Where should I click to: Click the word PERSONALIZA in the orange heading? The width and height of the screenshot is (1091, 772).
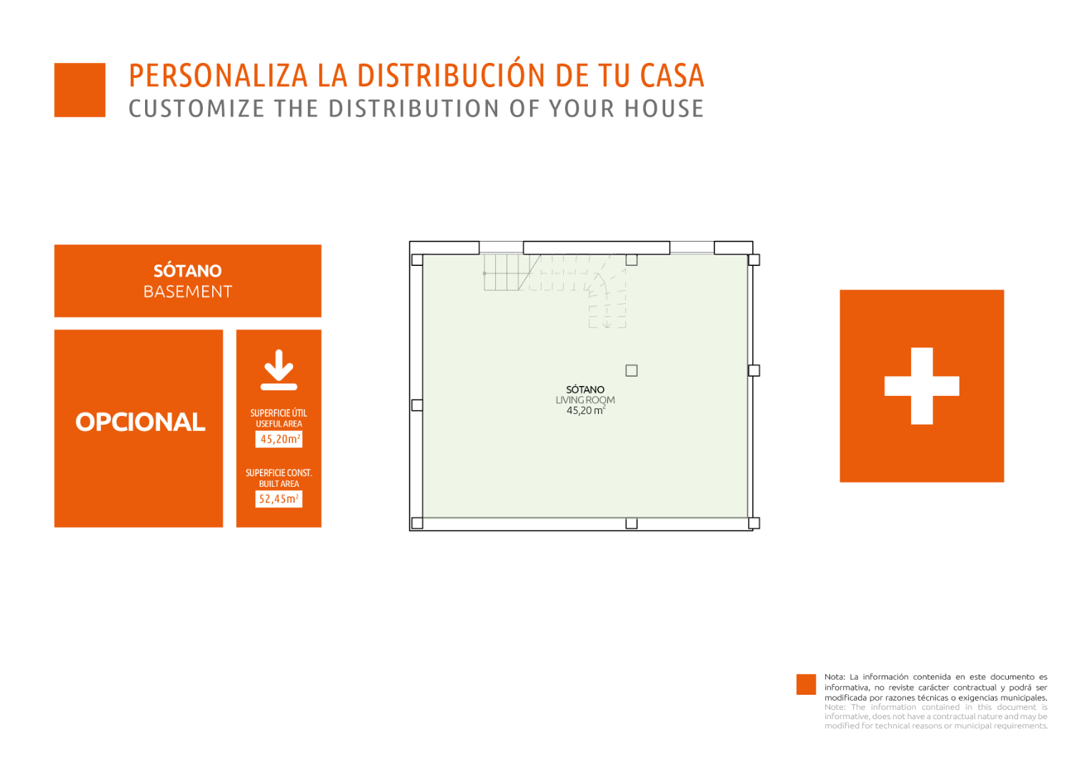pos(218,76)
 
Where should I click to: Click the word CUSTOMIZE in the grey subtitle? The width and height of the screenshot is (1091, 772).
pos(196,109)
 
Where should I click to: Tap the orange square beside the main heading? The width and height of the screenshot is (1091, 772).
pos(80,90)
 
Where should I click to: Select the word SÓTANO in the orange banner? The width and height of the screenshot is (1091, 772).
pos(187,271)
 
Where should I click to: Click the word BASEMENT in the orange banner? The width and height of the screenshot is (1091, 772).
pos(187,292)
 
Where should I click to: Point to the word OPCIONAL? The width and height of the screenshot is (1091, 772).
pos(140,422)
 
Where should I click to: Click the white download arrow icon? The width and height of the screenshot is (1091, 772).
pos(279,370)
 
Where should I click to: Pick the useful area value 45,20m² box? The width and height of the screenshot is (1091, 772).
pos(279,439)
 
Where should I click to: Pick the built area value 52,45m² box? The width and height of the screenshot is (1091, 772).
pos(279,499)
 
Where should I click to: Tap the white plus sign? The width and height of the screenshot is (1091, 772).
pos(922,386)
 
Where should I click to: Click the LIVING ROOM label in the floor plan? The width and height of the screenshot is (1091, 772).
pos(585,400)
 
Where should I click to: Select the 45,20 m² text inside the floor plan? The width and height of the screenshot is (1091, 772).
pos(586,410)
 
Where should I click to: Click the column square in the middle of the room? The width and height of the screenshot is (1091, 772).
pos(631,371)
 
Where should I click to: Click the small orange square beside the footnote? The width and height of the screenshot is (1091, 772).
pos(806,684)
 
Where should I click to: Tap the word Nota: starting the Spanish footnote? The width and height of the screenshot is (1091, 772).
pos(835,677)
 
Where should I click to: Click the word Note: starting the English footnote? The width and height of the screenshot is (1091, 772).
pos(835,707)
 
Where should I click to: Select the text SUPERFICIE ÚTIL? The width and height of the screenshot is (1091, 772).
pos(279,413)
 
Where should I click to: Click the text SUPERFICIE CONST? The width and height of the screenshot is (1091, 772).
pos(279,473)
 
